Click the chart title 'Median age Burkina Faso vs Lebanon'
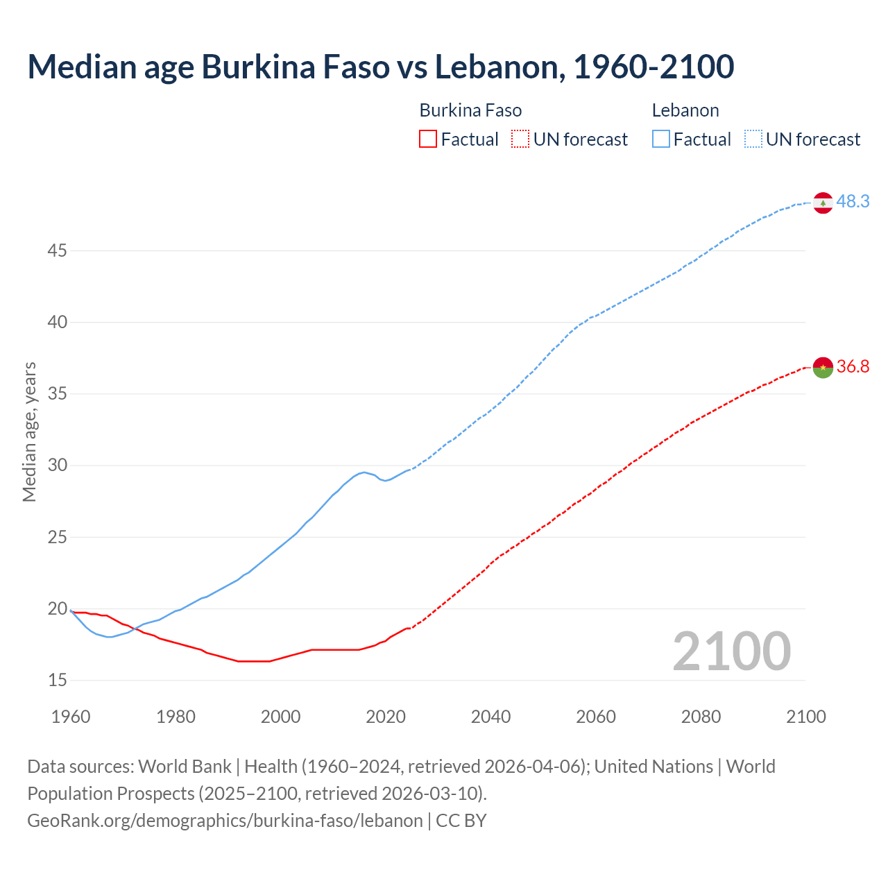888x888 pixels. coord(380,67)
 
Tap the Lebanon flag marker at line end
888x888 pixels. coord(823,203)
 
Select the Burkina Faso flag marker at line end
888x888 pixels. coord(823,368)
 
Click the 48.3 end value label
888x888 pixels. coord(853,202)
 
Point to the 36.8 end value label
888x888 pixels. coord(853,367)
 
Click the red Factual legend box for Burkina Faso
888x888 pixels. coord(428,139)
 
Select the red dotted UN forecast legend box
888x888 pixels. coord(520,139)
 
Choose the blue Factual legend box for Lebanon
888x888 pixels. coord(661,139)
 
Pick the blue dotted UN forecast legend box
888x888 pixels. coord(753,139)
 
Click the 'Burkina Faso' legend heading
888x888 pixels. coord(470,110)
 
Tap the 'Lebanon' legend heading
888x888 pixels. coord(685,110)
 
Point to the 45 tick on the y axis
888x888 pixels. coord(57,250)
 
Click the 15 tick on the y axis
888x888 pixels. coord(57,681)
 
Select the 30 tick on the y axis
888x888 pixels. coord(57,466)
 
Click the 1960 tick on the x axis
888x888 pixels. coord(71,717)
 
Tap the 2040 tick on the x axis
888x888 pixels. coord(490,717)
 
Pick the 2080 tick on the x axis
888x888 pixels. coord(701,717)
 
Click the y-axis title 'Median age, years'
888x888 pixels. coord(29,432)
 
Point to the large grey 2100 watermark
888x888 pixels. coord(732,651)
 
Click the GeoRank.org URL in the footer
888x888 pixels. coord(225,821)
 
